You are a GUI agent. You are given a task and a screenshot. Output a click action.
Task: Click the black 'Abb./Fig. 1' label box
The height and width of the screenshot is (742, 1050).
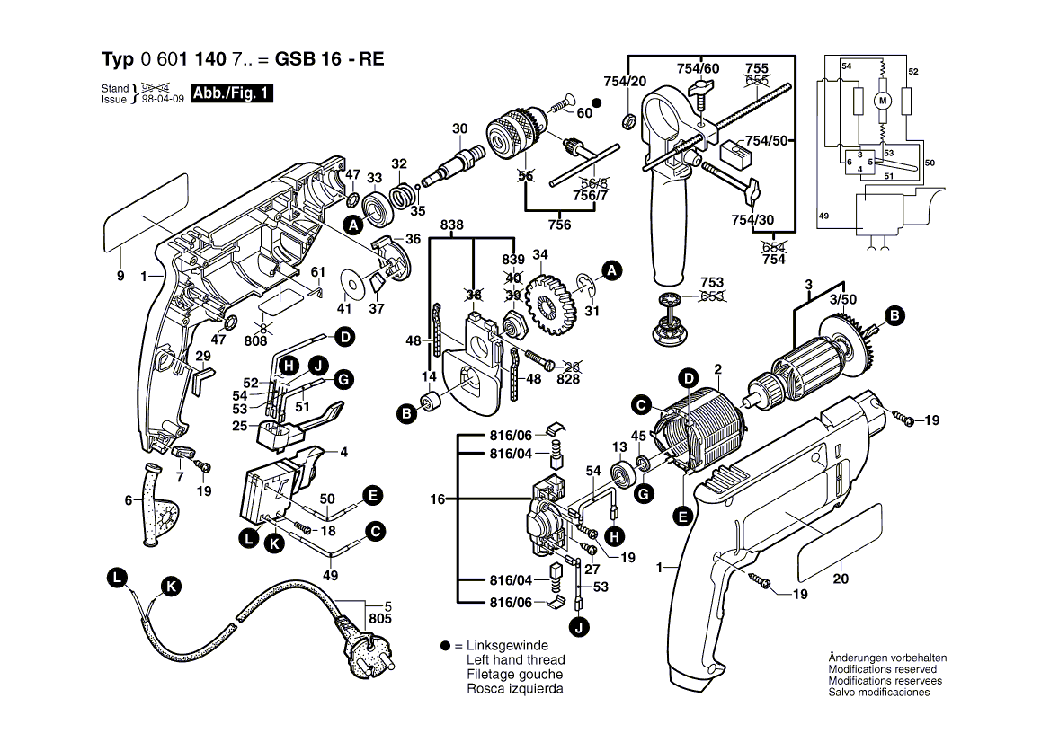(232, 93)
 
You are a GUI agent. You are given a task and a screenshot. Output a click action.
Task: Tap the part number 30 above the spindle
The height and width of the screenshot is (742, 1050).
(460, 129)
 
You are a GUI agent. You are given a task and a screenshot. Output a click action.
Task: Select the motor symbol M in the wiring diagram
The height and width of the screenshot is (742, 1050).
(882, 101)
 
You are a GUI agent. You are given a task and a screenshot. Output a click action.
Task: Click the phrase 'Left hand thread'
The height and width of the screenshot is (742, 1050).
(515, 659)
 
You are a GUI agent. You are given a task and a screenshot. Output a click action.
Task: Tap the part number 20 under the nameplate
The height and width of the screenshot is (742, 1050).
(841, 579)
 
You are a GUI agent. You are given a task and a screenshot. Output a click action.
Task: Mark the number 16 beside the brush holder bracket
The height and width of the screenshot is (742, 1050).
(437, 499)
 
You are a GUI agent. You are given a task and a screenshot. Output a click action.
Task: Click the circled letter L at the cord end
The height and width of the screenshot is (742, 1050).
(116, 579)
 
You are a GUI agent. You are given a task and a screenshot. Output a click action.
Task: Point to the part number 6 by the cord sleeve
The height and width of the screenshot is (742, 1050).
(128, 500)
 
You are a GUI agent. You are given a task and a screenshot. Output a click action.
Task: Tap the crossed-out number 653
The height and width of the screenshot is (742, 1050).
(712, 296)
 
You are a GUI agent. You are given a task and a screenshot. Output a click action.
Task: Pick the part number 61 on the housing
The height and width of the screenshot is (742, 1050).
(317, 272)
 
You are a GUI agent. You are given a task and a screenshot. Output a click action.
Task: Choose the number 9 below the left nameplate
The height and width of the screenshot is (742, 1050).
(120, 277)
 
